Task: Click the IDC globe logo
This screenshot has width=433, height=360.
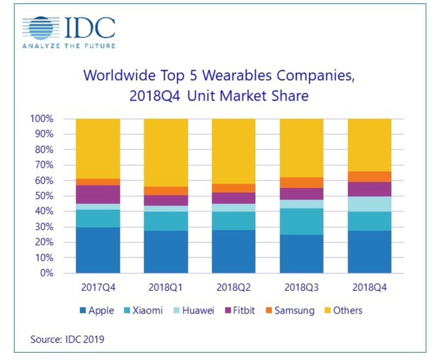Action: [41, 28]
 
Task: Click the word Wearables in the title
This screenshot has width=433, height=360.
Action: [237, 75]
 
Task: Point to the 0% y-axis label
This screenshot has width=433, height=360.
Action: [47, 273]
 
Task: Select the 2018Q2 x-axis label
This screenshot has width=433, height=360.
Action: [233, 287]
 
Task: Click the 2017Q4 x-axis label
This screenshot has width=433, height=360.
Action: [98, 287]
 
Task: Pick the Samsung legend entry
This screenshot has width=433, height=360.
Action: [290, 311]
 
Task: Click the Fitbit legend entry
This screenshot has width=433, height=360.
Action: [240, 311]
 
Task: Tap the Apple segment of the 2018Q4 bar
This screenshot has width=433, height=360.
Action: [369, 252]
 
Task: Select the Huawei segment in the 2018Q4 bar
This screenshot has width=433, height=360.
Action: [369, 204]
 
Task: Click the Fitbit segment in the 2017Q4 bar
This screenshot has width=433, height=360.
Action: [98, 195]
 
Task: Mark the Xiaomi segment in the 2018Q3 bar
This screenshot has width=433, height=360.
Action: [301, 222]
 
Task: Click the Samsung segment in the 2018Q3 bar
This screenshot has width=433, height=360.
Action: [301, 183]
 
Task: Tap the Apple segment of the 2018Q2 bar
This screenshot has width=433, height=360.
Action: [233, 252]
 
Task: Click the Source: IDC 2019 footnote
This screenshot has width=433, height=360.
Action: [67, 339]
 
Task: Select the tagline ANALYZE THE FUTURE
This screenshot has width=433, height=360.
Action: [69, 46]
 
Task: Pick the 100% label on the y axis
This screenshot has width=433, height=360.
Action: [42, 119]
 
